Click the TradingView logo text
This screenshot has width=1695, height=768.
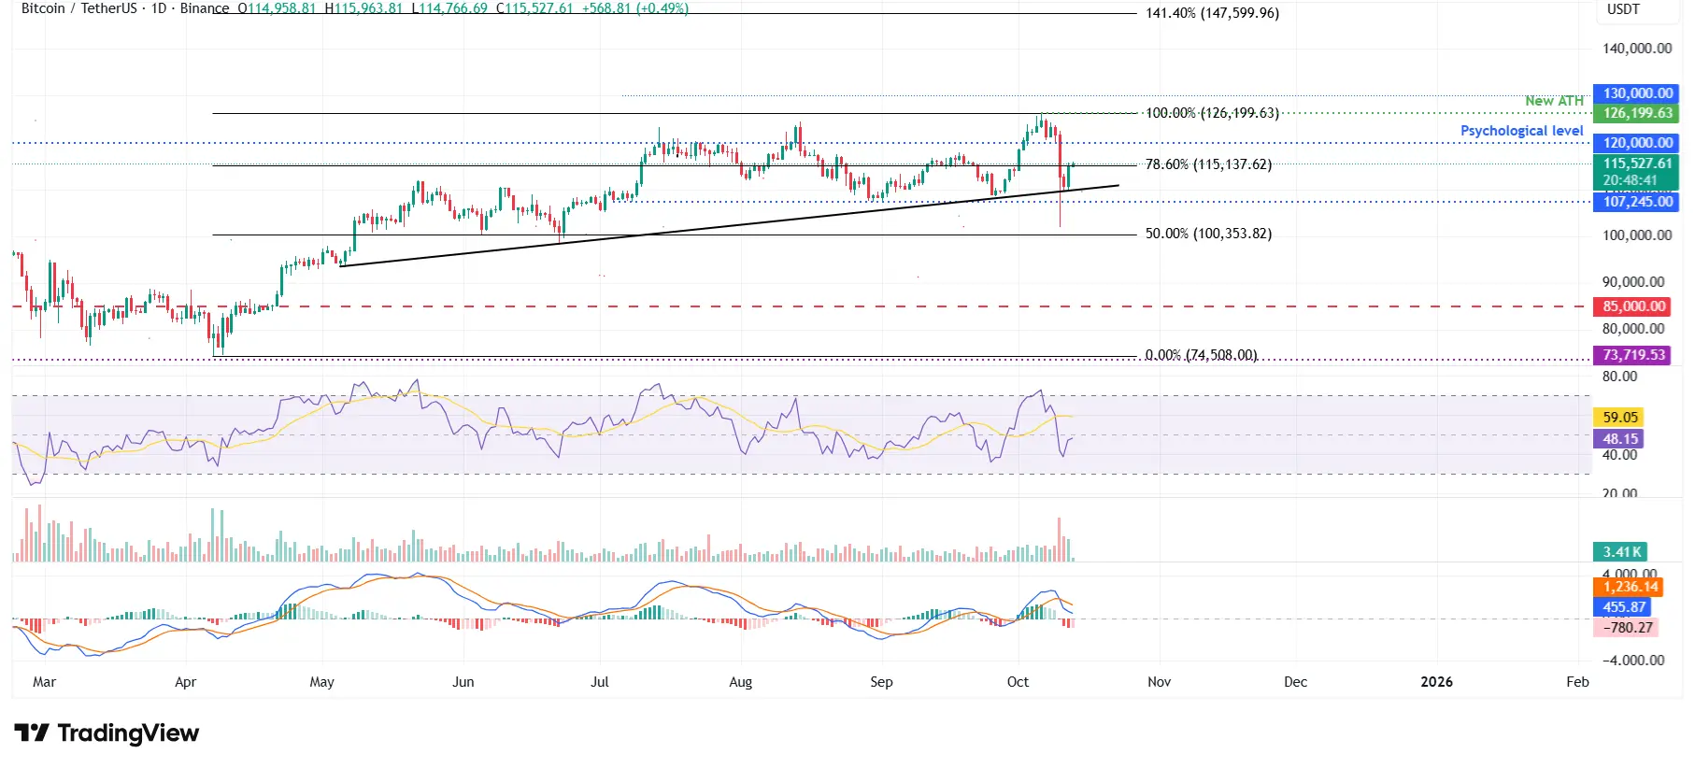coord(127,733)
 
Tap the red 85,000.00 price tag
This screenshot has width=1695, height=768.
coord(1634,306)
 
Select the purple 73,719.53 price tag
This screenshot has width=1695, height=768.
coord(1634,355)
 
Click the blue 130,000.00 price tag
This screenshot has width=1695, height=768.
coord(1637,93)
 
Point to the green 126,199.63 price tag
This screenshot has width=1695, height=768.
coord(1637,113)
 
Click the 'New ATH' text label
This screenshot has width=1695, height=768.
coord(1554,101)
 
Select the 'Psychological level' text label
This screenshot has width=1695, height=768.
coord(1521,131)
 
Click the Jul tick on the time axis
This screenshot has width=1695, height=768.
coord(600,682)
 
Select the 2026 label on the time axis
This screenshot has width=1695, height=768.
coord(1436,682)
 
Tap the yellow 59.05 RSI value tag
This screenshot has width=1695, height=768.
coord(1620,418)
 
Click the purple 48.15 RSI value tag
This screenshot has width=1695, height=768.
coord(1620,439)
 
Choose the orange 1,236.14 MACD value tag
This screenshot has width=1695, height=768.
coord(1630,587)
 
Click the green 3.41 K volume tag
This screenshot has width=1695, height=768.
coord(1621,552)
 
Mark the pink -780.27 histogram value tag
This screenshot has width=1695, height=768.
coord(1627,628)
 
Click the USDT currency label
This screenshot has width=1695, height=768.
coord(1623,9)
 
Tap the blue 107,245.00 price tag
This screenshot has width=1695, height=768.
coord(1637,202)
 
